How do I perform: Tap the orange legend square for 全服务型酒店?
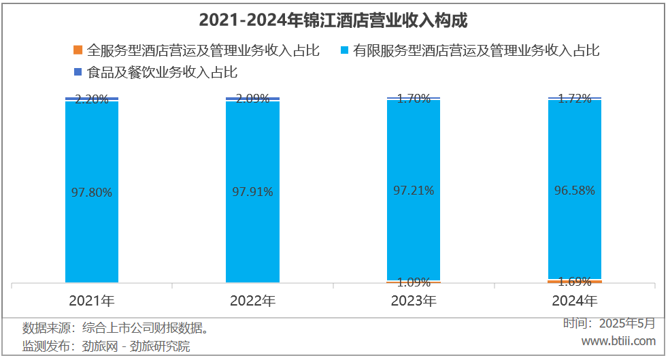(x=78, y=50)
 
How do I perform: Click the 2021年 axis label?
(x=92, y=300)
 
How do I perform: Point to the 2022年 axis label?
(x=252, y=300)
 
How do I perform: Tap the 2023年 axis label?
(x=414, y=300)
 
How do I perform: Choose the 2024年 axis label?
(x=575, y=300)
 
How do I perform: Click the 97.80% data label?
(x=92, y=193)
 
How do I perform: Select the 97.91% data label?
(x=252, y=192)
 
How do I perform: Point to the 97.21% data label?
(x=414, y=191)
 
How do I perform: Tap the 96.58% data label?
(x=575, y=191)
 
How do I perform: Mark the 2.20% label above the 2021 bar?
(x=92, y=99)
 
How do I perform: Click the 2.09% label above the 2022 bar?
(x=252, y=99)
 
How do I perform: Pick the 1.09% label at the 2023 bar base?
(x=414, y=282)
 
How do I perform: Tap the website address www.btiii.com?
(x=618, y=340)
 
